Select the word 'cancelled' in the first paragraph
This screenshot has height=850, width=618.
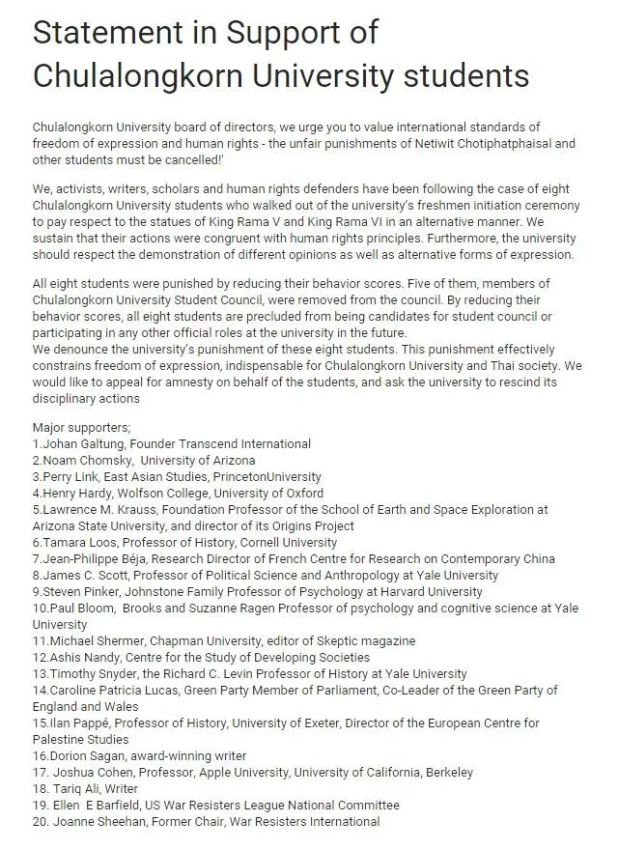pyautogui.click(x=171, y=158)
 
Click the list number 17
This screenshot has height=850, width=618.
pyautogui.click(x=41, y=772)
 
